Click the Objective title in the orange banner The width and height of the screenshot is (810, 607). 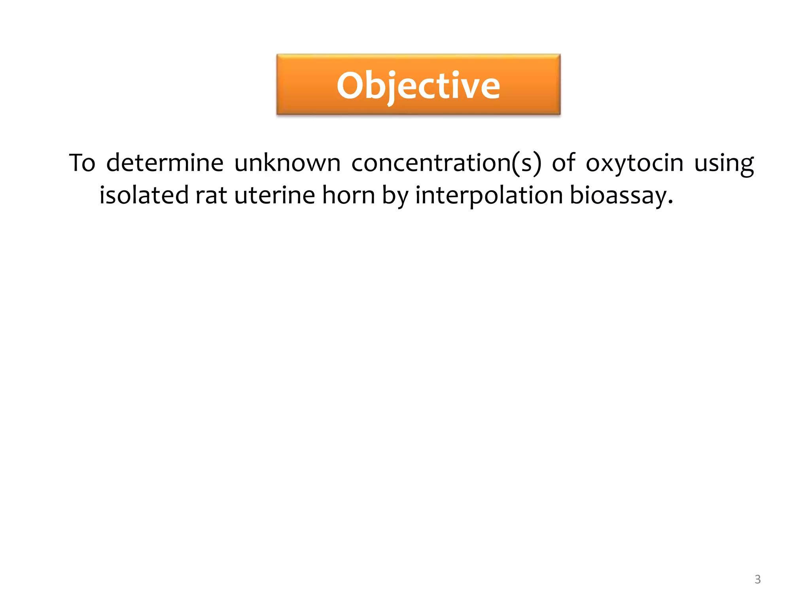(x=418, y=85)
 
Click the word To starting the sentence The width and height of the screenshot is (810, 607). (x=82, y=163)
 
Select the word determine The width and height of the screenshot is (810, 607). (x=165, y=163)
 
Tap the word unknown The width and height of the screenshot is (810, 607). (x=287, y=163)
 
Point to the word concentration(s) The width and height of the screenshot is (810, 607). (x=446, y=163)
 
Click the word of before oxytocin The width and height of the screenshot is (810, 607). (x=563, y=163)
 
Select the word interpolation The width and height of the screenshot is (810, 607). (x=489, y=196)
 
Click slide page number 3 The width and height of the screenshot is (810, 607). (x=757, y=579)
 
